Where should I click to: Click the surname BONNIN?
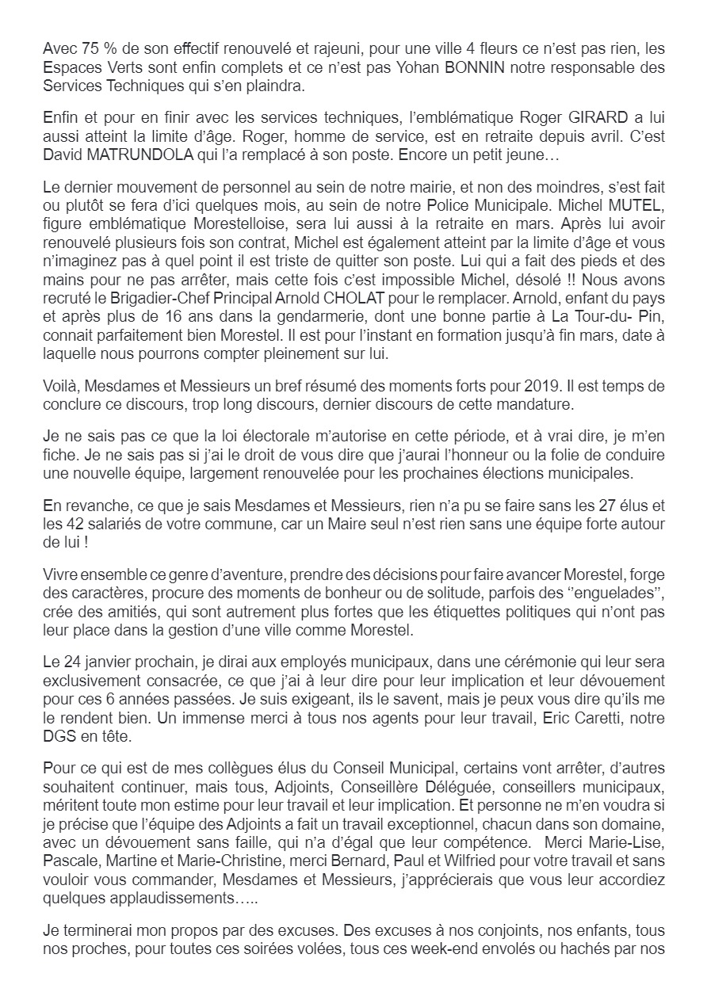[486, 68]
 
